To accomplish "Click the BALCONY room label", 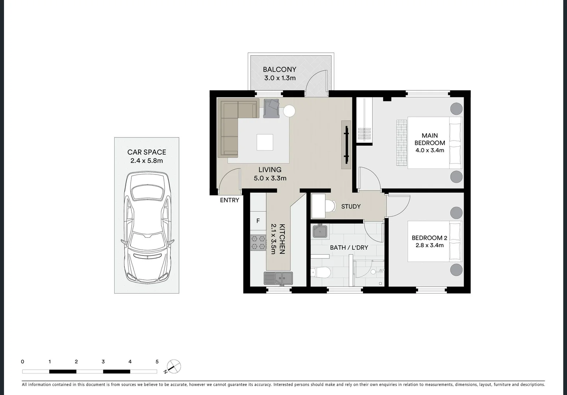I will pyautogui.click(x=279, y=69).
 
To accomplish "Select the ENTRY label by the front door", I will pyautogui.click(x=230, y=200).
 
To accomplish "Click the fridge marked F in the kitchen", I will pyautogui.click(x=258, y=221).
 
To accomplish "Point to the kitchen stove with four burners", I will pyautogui.click(x=258, y=243).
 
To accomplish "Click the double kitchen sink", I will pyautogui.click(x=278, y=278).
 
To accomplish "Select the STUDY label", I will pyautogui.click(x=351, y=207).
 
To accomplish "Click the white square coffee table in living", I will pyautogui.click(x=265, y=142).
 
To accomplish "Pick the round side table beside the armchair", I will pyautogui.click(x=289, y=111).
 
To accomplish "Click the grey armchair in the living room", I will pyautogui.click(x=271, y=109).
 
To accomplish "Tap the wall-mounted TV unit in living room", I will pyautogui.click(x=346, y=145).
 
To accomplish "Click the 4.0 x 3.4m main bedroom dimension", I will pyautogui.click(x=430, y=150).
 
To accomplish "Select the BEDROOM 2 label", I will pyautogui.click(x=429, y=238).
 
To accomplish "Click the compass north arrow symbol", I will pyautogui.click(x=174, y=366).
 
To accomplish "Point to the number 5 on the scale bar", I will pyautogui.click(x=157, y=362).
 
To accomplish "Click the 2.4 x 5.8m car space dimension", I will pyautogui.click(x=146, y=161).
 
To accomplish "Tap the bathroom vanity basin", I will pyautogui.click(x=320, y=232).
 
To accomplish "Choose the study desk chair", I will pyautogui.click(x=330, y=206).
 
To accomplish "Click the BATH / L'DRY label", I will pyautogui.click(x=349, y=248).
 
